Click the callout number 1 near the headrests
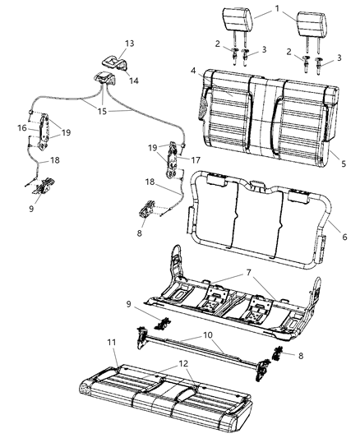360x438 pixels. click(277, 11)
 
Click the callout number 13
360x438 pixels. click(106, 43)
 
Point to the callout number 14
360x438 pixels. click(132, 81)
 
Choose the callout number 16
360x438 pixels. click(24, 127)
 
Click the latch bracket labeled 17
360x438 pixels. click(175, 156)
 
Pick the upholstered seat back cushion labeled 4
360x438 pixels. click(263, 115)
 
